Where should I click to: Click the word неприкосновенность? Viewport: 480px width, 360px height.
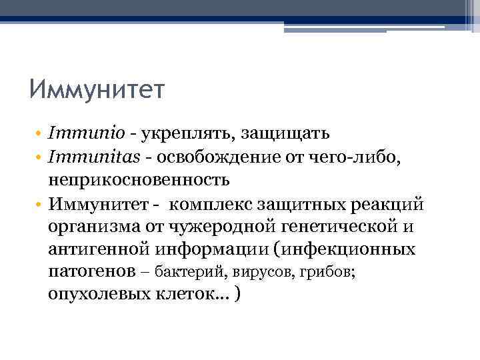[x=139, y=180]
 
